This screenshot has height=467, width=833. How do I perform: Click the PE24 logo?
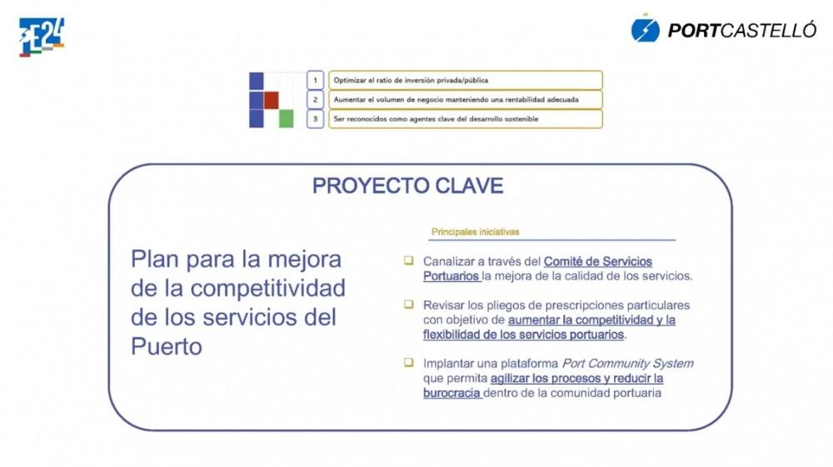point(42,37)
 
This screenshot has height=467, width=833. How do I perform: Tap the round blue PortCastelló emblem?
point(646,30)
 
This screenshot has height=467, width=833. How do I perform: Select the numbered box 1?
point(315,80)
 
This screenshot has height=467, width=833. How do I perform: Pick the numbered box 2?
point(315,100)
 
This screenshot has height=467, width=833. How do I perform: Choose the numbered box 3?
point(315,119)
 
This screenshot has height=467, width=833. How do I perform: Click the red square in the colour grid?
point(271,100)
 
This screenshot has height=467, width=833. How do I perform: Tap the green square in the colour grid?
point(287,118)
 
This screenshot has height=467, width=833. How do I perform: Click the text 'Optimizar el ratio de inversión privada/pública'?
point(411,80)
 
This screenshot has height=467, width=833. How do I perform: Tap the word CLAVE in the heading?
point(469,186)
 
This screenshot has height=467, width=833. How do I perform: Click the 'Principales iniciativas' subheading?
point(475,232)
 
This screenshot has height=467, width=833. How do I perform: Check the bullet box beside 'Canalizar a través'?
point(408,260)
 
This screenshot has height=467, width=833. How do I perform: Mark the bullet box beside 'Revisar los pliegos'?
point(408,304)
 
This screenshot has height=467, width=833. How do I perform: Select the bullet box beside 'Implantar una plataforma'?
point(408,362)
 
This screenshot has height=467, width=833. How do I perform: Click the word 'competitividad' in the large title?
point(267,289)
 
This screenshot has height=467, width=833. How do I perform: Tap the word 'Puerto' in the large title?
point(167,346)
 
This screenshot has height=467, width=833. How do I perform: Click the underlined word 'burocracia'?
point(451,393)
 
